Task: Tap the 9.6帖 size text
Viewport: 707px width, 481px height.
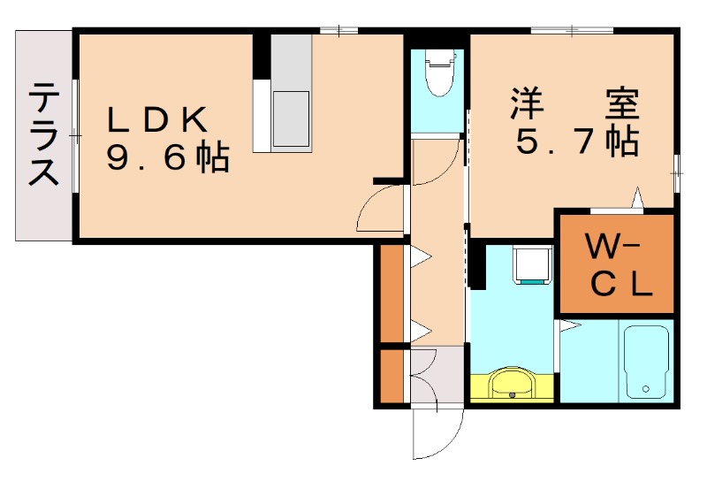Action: point(168,158)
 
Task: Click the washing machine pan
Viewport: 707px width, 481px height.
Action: point(533,264)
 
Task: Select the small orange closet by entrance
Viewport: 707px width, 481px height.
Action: point(391,377)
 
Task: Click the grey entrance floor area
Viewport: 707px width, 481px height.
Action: point(437,376)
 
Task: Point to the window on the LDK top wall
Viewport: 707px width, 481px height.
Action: point(338,31)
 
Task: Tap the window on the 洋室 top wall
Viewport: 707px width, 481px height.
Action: point(570,31)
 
